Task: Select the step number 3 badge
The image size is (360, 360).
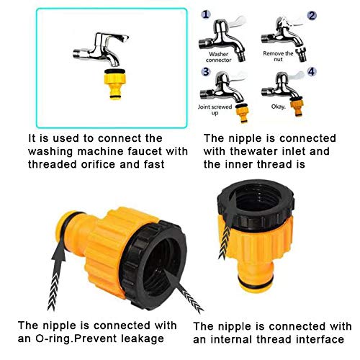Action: [206, 73]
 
